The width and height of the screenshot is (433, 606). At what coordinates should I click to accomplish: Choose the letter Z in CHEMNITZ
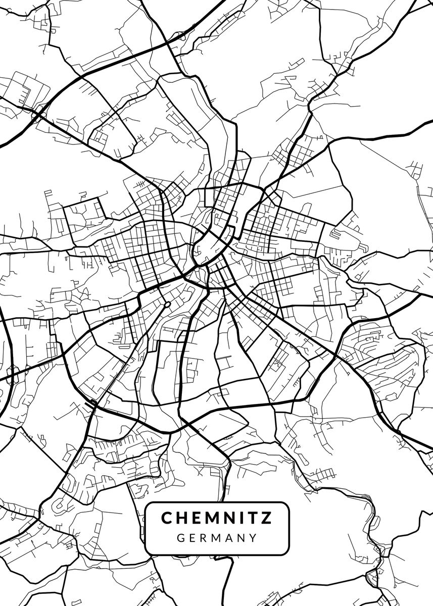(x=267, y=518)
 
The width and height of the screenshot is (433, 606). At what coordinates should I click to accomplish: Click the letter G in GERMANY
(x=181, y=538)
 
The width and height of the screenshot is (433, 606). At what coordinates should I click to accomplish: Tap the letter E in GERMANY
(x=193, y=538)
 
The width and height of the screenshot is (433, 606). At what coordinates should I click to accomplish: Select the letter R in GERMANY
(x=204, y=538)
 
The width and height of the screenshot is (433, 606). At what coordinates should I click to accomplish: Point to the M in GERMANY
(x=216, y=538)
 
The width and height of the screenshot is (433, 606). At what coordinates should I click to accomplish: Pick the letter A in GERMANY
(x=229, y=538)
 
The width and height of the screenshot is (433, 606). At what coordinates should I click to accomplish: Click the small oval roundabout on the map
(x=167, y=305)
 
